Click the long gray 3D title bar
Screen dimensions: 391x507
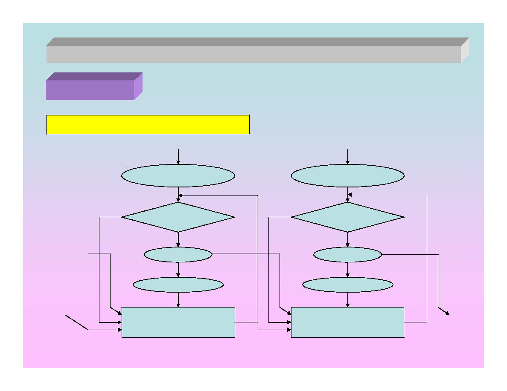pyautogui.click(x=253, y=54)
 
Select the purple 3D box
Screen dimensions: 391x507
pyautogui.click(x=90, y=89)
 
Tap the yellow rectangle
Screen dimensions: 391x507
pyautogui.click(x=148, y=124)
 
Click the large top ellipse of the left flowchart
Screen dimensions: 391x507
pyautogui.click(x=178, y=175)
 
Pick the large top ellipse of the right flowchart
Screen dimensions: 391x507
pyautogui.click(x=347, y=175)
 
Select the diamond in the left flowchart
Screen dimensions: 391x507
pyautogui.click(x=178, y=217)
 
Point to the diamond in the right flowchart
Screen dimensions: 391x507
pyautogui.click(x=347, y=217)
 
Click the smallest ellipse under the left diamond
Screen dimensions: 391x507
pyautogui.click(x=178, y=255)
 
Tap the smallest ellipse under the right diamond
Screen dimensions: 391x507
pyautogui.click(x=347, y=255)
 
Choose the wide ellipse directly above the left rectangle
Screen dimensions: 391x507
pyautogui.click(x=178, y=285)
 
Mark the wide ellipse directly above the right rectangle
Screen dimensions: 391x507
pyautogui.click(x=347, y=285)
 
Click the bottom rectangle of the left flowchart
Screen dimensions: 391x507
pyautogui.click(x=178, y=322)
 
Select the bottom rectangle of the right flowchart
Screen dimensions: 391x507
pyautogui.click(x=347, y=322)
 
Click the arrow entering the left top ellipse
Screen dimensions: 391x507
pyautogui.click(x=178, y=156)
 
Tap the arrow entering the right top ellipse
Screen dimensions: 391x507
pyautogui.click(x=347, y=156)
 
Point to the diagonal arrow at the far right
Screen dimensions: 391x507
pyautogui.click(x=444, y=311)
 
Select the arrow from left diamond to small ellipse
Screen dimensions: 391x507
pyautogui.click(x=178, y=240)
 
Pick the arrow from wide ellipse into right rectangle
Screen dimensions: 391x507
pyautogui.click(x=347, y=300)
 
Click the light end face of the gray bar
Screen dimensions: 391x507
pyautogui.click(x=465, y=50)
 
